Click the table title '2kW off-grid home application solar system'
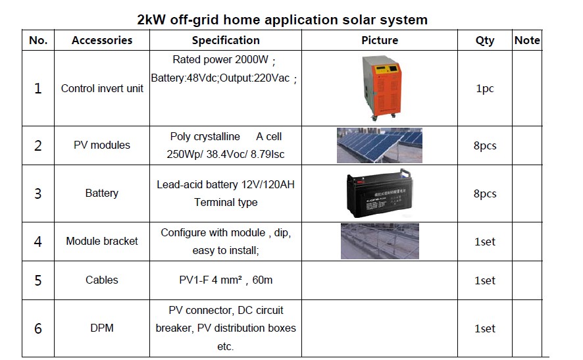[x=282, y=20]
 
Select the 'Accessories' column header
[x=102, y=40]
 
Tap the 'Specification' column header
[x=226, y=40]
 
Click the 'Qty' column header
[x=485, y=41]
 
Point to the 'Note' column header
[x=527, y=40]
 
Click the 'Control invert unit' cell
[x=102, y=88]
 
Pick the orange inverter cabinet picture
[x=380, y=88]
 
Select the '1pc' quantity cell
[x=485, y=89]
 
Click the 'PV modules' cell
[x=102, y=145]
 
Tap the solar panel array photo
[x=380, y=145]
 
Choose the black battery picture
[x=379, y=193]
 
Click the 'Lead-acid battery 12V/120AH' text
[x=226, y=184]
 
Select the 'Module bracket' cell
[x=102, y=241]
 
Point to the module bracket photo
[x=380, y=242]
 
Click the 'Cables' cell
[x=102, y=280]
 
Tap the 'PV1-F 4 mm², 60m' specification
[x=226, y=280]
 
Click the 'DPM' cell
[x=102, y=328]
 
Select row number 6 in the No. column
[x=38, y=328]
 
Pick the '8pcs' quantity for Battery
[x=485, y=193]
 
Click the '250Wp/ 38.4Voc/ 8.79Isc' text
[x=226, y=154]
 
